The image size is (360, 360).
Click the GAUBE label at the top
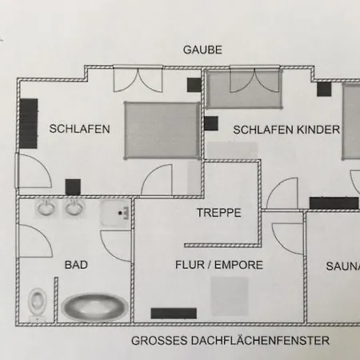coord(202,50)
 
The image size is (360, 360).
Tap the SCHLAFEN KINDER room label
coord(286,130)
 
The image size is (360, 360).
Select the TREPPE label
coord(219,213)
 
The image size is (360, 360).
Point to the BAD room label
coord(76,265)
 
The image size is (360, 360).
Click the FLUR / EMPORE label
coord(219,265)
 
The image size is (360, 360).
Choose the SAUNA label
coord(343,266)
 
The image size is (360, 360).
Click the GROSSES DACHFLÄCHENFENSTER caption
coord(230,341)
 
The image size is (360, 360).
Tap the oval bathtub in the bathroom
coord(94,306)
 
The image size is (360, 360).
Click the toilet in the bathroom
coord(37,303)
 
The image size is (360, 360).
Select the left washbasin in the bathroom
coord(46,208)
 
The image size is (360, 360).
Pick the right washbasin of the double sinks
coord(75,208)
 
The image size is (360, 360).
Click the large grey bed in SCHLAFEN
coord(162,130)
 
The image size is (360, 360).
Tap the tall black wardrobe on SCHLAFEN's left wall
coord(28,123)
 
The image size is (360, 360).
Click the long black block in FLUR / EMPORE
coord(174,314)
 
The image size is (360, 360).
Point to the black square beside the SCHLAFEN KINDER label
coord(211,123)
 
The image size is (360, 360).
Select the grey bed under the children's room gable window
coord(244,89)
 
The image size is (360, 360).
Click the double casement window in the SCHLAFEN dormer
coord(138,80)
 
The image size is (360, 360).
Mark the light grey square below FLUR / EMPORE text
coord(230,296)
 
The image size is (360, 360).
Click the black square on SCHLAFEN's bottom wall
coord(73,187)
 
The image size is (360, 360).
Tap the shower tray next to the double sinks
coord(115,213)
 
